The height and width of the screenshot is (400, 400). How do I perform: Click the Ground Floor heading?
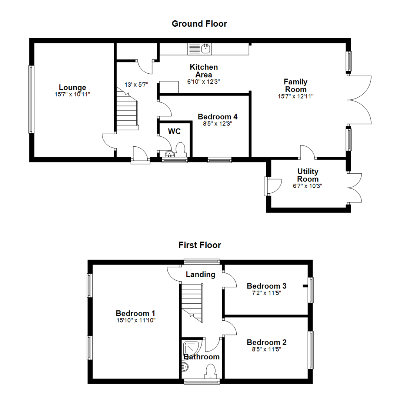pyautogui.click(x=199, y=24)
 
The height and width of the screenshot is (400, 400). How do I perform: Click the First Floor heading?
pyautogui.click(x=200, y=245)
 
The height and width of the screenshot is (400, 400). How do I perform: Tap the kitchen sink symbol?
pyautogui.click(x=200, y=49)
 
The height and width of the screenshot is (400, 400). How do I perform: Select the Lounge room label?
pyautogui.click(x=73, y=87)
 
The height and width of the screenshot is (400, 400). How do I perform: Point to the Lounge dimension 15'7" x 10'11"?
pyautogui.click(x=73, y=94)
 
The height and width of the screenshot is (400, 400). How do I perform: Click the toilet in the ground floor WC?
pyautogui.click(x=181, y=150)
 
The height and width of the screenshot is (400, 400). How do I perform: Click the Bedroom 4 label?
pyautogui.click(x=218, y=117)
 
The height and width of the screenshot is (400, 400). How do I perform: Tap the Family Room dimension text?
pyautogui.click(x=296, y=96)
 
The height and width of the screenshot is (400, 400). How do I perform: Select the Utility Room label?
pyautogui.click(x=308, y=175)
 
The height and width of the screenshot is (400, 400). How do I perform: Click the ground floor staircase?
pyautogui.click(x=127, y=109)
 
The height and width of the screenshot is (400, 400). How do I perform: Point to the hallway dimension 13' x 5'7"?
pyautogui.click(x=136, y=84)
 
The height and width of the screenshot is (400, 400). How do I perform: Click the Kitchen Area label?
pyautogui.click(x=204, y=71)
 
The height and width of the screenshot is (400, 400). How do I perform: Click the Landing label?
pyautogui.click(x=200, y=274)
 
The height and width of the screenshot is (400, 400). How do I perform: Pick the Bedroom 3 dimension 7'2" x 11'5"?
pyautogui.click(x=267, y=293)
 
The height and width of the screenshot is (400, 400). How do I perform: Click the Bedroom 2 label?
pyautogui.click(x=267, y=342)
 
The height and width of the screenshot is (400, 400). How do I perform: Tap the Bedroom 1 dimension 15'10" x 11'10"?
pyautogui.click(x=136, y=320)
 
